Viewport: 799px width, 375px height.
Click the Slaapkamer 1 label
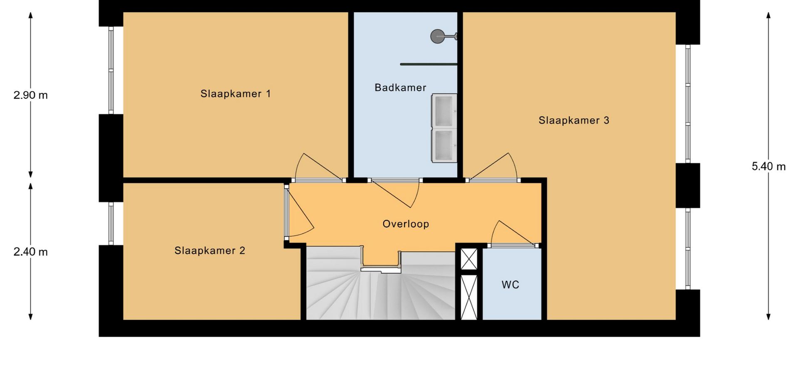pyautogui.click(x=236, y=94)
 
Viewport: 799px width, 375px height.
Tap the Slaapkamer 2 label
pyautogui.click(x=210, y=250)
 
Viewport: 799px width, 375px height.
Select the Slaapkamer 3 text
pyautogui.click(x=574, y=120)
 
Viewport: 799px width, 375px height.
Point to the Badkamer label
pyautogui.click(x=400, y=87)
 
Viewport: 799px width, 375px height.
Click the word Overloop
pyautogui.click(x=406, y=224)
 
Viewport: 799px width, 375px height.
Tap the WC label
pyautogui.click(x=510, y=285)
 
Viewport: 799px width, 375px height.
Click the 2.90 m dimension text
pyautogui.click(x=30, y=95)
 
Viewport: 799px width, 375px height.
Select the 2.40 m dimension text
pyautogui.click(x=30, y=252)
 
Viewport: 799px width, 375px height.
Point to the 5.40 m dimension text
pyautogui.click(x=769, y=166)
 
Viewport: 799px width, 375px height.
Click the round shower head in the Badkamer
pyautogui.click(x=437, y=36)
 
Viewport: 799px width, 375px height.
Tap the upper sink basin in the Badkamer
pyautogui.click(x=444, y=111)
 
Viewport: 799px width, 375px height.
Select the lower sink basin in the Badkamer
pyautogui.click(x=444, y=145)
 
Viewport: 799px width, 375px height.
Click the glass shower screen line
pyautogui.click(x=429, y=64)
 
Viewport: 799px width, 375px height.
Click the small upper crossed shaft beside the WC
pyautogui.click(x=469, y=259)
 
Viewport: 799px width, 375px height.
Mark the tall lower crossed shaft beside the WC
pyautogui.click(x=469, y=297)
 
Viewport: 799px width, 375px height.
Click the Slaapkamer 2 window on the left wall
pyautogui.click(x=111, y=224)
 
